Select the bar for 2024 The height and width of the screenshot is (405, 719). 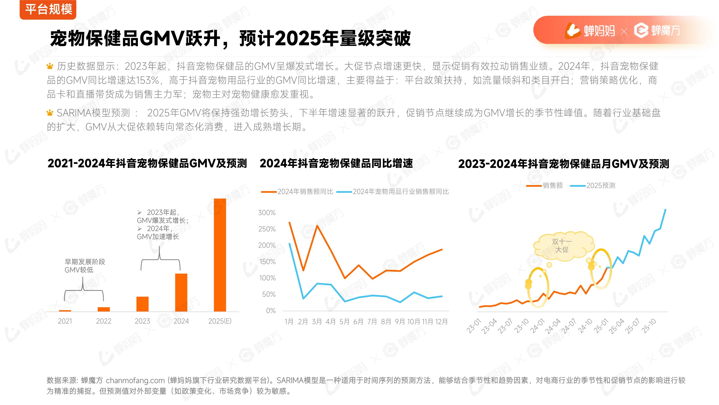tap(181, 292)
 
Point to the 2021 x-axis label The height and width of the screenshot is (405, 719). tap(65, 321)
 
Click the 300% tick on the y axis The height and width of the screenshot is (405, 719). tap(267, 213)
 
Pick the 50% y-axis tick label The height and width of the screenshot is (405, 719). tap(269, 294)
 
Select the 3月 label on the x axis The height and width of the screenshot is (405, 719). tap(317, 322)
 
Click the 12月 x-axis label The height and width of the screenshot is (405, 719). tap(441, 322)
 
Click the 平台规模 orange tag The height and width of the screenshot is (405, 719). tap(48, 10)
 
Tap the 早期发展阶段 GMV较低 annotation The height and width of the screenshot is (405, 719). tap(85, 266)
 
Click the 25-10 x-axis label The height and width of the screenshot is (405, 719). tap(649, 326)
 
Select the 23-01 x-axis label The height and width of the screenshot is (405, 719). tap(474, 326)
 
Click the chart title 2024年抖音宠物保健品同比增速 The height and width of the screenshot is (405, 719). tap(336, 163)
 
